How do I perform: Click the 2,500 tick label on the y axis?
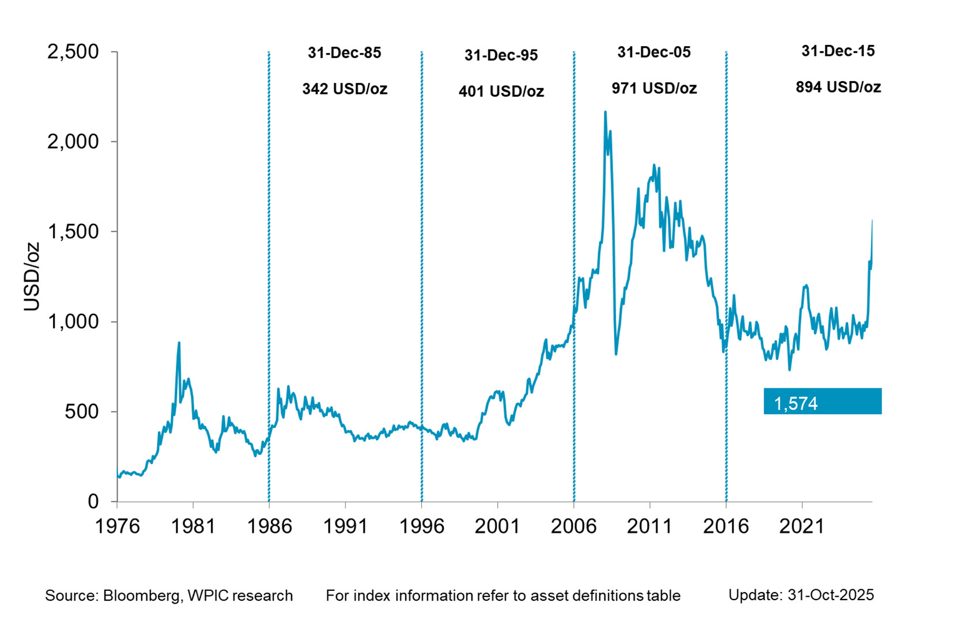click(x=73, y=52)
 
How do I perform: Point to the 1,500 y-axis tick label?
click(x=73, y=232)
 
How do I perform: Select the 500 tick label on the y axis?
click(x=82, y=412)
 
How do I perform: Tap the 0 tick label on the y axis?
click(x=93, y=502)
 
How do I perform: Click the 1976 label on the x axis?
click(x=117, y=526)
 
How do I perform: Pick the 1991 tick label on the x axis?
click(x=345, y=526)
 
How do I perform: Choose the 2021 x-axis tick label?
click(x=802, y=526)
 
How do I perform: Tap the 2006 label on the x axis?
click(x=573, y=526)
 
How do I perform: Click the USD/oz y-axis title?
click(x=32, y=276)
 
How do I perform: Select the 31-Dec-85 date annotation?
click(x=345, y=53)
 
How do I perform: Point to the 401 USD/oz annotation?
click(x=501, y=92)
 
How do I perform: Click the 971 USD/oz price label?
click(x=654, y=89)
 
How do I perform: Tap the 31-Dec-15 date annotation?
click(x=838, y=51)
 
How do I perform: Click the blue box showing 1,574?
click(x=822, y=401)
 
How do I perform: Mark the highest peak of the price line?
click(x=605, y=112)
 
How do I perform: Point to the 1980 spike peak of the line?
click(x=179, y=343)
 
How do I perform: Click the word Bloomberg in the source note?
click(x=141, y=596)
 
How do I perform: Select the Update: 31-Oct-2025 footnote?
click(x=801, y=595)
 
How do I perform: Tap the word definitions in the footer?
click(x=607, y=596)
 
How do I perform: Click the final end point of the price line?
click(x=872, y=221)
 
